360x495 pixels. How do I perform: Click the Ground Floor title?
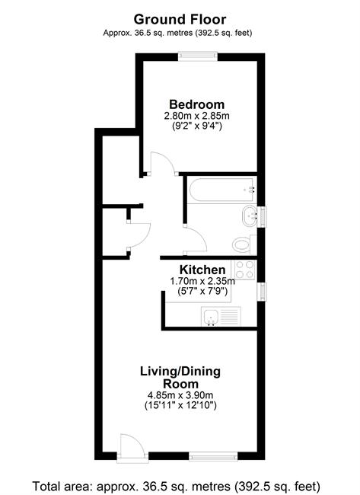[x=180, y=20]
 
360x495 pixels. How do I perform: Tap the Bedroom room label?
[x=197, y=104]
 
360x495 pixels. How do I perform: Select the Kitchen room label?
[x=202, y=270]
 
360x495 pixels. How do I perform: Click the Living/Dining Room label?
[x=180, y=378]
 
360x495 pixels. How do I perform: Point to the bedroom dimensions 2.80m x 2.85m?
[x=196, y=116]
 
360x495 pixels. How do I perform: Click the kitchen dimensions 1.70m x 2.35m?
[x=202, y=281]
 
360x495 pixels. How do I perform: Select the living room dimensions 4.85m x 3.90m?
[x=180, y=395]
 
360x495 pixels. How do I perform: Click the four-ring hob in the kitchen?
[x=245, y=270]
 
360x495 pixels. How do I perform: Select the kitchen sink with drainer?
[x=221, y=316]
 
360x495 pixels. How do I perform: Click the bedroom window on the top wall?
[x=198, y=56]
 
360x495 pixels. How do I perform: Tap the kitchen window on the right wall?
[x=262, y=292]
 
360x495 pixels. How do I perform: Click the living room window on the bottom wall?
[x=213, y=456]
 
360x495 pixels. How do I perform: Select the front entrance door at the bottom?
[x=132, y=445]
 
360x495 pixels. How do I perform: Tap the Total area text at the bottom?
[x=177, y=486]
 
